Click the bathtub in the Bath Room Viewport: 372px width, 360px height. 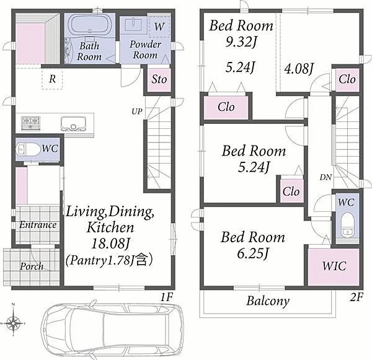(90, 25)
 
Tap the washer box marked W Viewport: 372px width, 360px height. (159, 25)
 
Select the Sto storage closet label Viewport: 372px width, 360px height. (159, 79)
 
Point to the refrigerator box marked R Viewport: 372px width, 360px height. (52, 79)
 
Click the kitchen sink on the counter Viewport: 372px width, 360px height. (73, 124)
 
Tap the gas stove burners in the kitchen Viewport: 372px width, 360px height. (30, 123)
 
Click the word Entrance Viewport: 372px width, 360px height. (38, 224)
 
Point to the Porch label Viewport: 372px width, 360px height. (32, 266)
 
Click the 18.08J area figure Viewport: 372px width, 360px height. (110, 243)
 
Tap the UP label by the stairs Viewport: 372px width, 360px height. (137, 112)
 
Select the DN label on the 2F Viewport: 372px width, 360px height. (325, 177)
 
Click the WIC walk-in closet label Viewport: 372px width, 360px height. (334, 266)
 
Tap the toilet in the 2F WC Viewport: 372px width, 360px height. (347, 225)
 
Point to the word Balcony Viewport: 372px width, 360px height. (268, 301)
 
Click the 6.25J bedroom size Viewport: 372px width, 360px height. (253, 253)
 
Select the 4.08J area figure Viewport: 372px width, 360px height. (299, 69)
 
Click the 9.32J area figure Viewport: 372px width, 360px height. (241, 42)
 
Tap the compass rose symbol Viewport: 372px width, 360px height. (14, 323)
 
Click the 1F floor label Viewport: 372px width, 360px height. (167, 297)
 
